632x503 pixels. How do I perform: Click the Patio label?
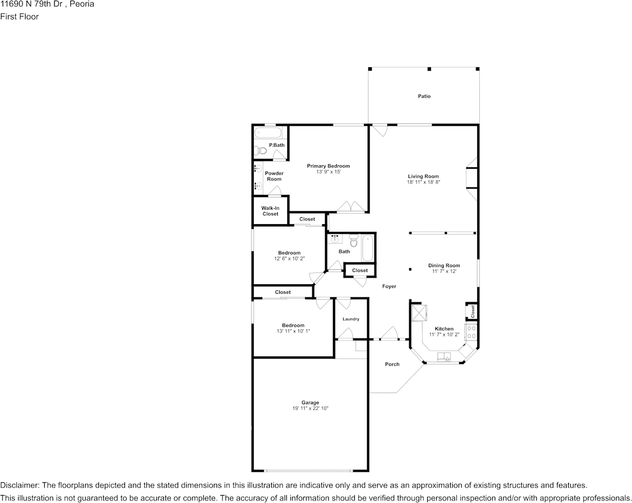424,96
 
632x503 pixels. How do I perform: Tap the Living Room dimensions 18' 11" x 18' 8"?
423,182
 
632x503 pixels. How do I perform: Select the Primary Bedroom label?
328,166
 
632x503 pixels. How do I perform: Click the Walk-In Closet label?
270,211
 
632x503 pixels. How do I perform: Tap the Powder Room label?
274,176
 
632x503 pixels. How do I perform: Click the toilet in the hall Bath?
353,240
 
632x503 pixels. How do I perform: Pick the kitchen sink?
445,356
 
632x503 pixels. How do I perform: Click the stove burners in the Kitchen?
471,331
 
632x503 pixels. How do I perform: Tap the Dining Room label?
444,266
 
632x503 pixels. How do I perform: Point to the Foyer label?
389,286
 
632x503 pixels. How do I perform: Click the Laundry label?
351,319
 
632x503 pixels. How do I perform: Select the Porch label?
392,364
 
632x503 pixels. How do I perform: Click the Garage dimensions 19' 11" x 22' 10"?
310,408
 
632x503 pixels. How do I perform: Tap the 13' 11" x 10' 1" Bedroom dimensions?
293,331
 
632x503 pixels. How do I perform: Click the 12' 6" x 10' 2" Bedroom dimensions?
289,259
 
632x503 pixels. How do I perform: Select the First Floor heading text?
19,16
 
